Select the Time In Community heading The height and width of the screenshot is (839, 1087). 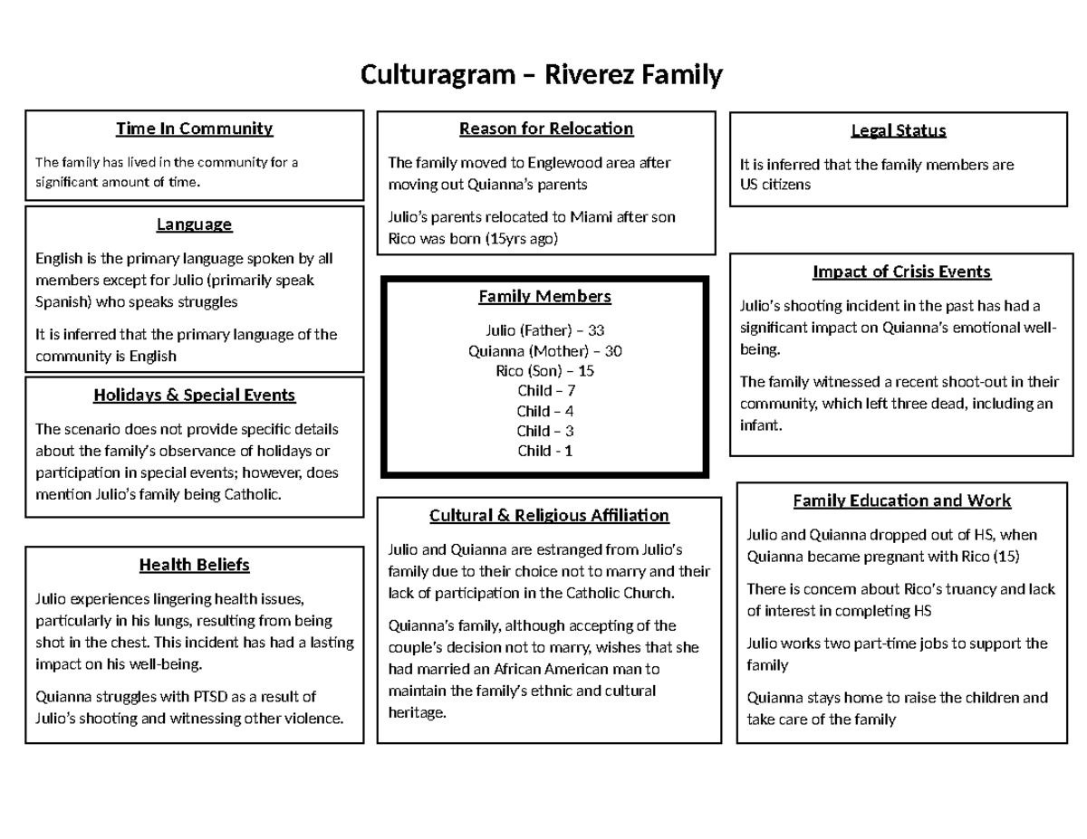[x=194, y=129]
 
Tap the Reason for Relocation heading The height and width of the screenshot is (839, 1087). [x=546, y=129]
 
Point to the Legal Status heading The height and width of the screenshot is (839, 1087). [x=899, y=130]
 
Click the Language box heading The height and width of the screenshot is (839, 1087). [x=194, y=224]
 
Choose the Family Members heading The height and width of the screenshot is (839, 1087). [x=544, y=296]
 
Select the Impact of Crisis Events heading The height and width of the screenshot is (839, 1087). [x=902, y=272]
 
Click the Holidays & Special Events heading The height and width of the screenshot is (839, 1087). [x=194, y=395]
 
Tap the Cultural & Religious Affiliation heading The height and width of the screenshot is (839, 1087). [x=549, y=515]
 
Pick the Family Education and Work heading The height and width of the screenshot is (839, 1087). [x=901, y=501]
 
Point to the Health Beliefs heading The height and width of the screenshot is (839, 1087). [x=194, y=565]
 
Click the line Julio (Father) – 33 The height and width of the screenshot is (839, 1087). [x=544, y=330]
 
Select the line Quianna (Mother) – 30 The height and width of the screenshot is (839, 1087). [x=544, y=350]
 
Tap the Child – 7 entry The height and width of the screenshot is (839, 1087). [x=545, y=390]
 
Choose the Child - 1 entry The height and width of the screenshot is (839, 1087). [x=544, y=451]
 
